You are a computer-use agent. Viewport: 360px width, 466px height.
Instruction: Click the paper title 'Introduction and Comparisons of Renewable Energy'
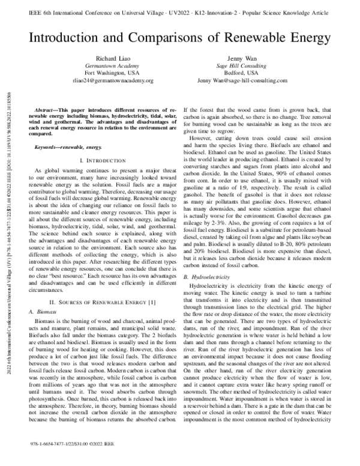point(180,37)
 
